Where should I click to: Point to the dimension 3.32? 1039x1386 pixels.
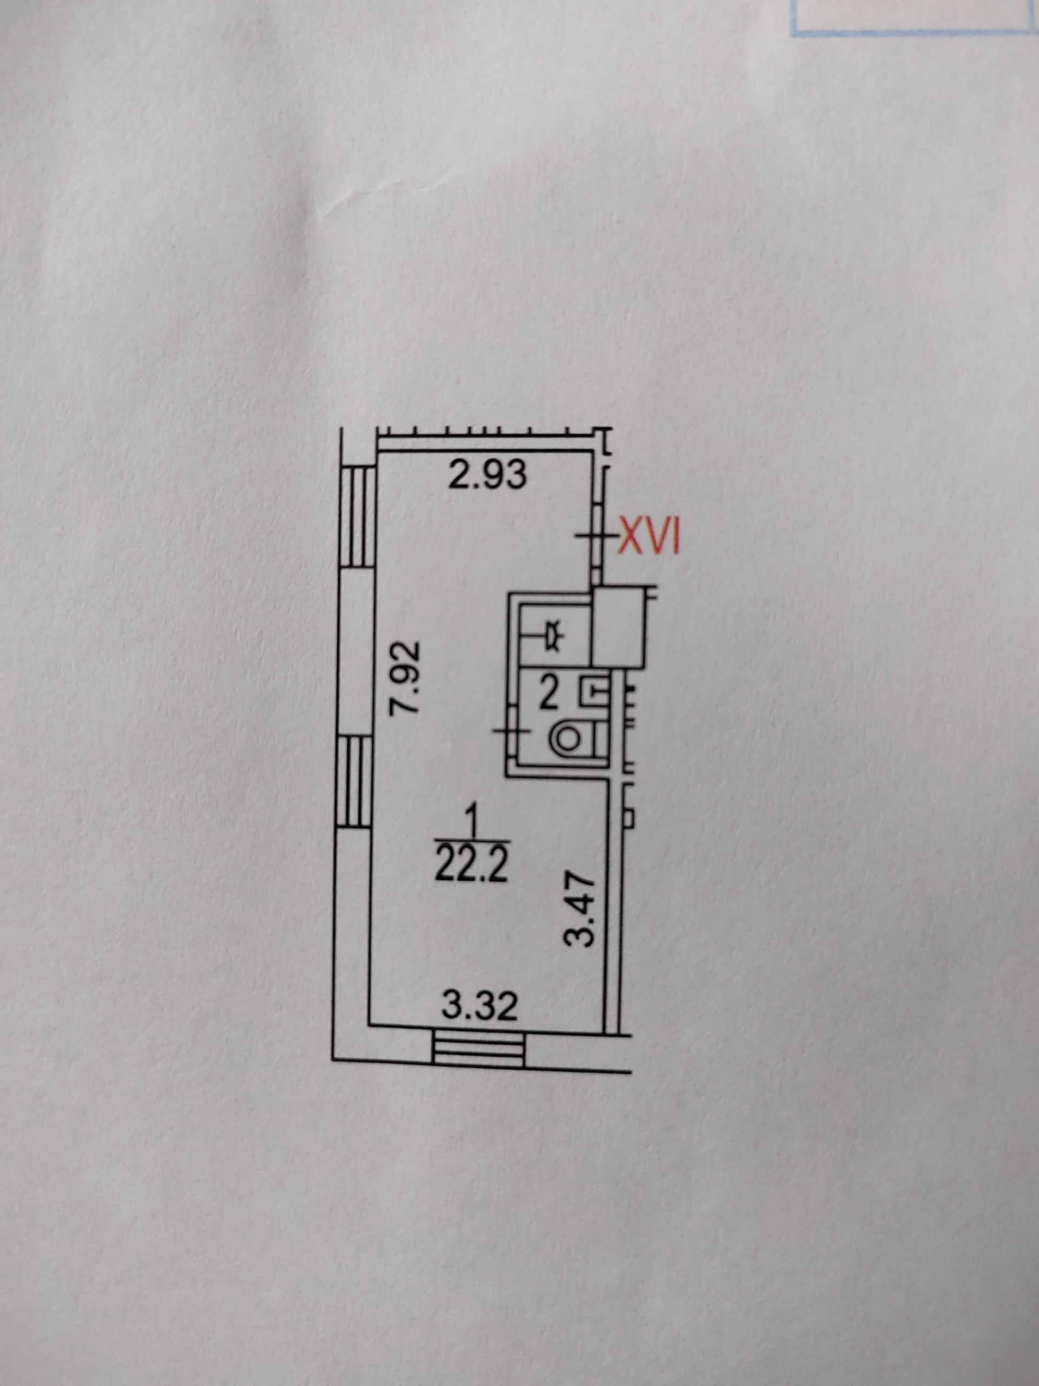480,1007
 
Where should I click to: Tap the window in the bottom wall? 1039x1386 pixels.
478,1050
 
